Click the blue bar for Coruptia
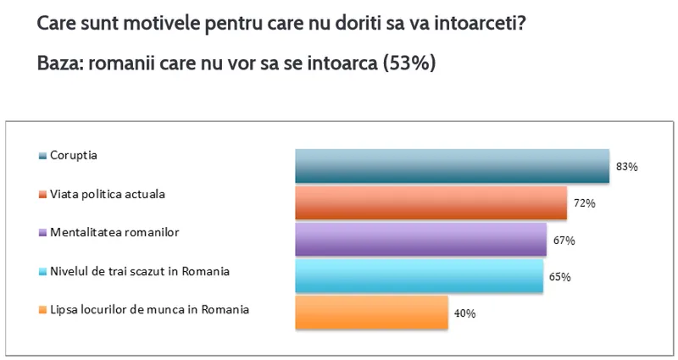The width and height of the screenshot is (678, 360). [x=452, y=166]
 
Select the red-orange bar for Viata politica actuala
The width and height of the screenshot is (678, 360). [x=431, y=203]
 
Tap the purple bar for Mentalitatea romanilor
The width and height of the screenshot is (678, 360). [x=420, y=240]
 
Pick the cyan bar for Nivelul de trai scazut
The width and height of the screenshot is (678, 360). [x=419, y=276]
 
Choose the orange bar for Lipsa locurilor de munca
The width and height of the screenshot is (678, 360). [x=371, y=313]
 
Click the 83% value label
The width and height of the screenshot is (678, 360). [x=627, y=167]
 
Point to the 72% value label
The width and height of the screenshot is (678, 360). [x=585, y=203]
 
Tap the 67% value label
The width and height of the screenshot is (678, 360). [x=564, y=241]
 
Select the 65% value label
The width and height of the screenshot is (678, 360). [x=559, y=277]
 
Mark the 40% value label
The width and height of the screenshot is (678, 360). [x=464, y=313]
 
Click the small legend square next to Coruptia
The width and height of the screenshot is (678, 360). [x=42, y=156]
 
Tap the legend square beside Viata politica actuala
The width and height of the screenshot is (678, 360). [x=42, y=194]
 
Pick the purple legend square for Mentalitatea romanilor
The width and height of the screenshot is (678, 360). [x=42, y=232]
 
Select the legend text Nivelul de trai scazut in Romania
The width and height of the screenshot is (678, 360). [x=140, y=271]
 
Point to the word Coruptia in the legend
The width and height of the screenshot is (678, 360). [x=75, y=156]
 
